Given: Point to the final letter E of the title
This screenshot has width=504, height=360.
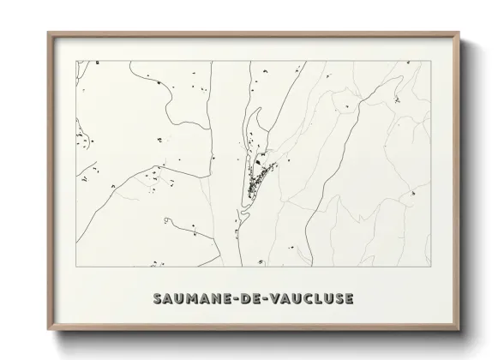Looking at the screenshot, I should [348, 299].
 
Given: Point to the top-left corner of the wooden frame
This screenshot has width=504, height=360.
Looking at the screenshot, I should [48, 33].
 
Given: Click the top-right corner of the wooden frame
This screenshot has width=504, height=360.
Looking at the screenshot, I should [460, 33].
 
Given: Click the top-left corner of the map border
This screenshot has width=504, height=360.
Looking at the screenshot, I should [77, 61].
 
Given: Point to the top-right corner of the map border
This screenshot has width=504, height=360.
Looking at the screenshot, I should [430, 61].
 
